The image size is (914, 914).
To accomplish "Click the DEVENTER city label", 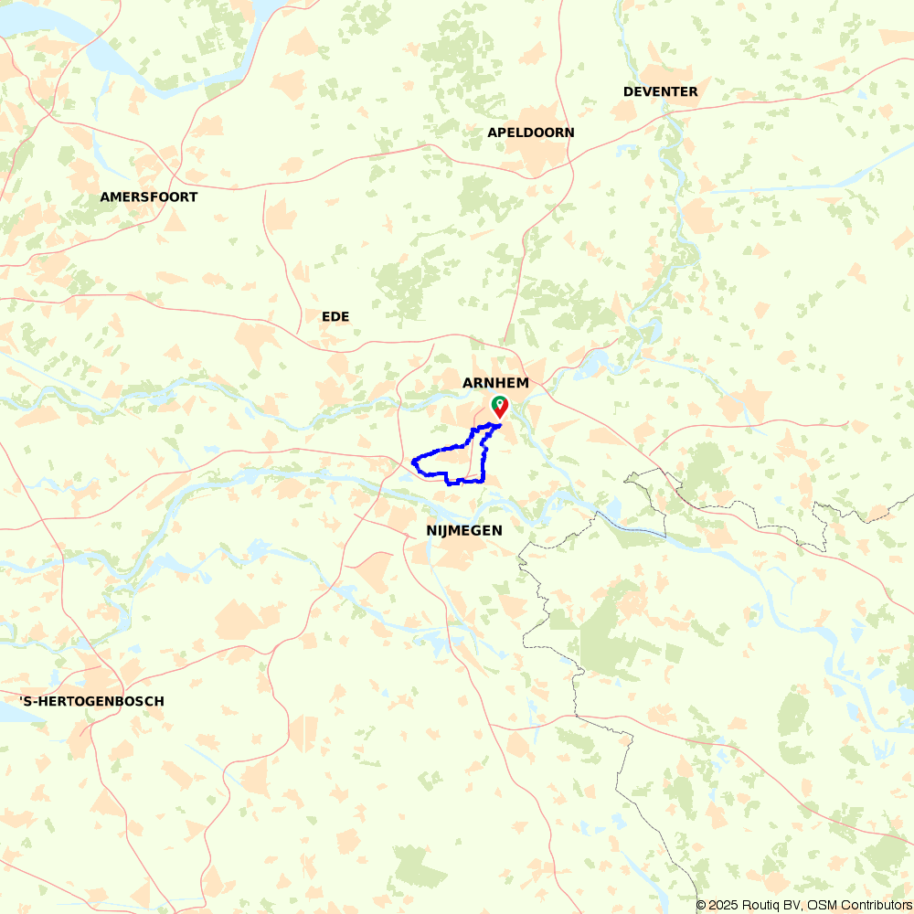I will (660, 91).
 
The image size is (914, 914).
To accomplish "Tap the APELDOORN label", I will (531, 133).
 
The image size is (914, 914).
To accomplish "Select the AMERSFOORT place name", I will (149, 197).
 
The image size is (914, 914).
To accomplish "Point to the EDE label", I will (335, 316).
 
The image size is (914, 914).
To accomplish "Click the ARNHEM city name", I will (495, 383).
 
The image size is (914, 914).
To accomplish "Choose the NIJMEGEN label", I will (464, 530).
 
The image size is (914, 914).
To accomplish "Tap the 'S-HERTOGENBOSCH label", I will (91, 701).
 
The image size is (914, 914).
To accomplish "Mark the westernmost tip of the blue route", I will (413, 462).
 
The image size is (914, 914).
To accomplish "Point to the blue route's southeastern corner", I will (483, 480).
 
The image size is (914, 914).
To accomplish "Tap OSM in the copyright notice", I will (820, 905).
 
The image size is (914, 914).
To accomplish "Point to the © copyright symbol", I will (701, 905).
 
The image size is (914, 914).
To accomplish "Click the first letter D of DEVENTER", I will (628, 91).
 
